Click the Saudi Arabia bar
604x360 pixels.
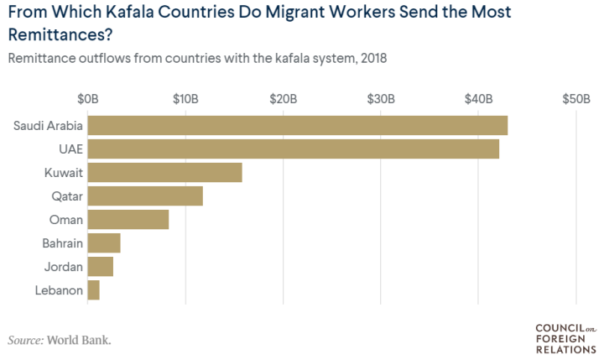pos(297,126)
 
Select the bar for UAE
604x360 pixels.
pos(293,149)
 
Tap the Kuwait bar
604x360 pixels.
pos(164,173)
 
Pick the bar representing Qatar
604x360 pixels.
pos(145,196)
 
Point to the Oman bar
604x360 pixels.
pos(128,220)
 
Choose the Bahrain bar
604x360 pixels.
pos(104,243)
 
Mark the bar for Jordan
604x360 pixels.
pos(100,267)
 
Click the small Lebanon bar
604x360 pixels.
pos(93,290)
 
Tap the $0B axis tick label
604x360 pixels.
pos(87,98)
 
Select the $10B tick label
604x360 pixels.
pos(185,98)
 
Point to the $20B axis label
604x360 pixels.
pos(283,98)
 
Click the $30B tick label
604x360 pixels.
pos(380,98)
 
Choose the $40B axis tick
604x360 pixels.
pos(478,98)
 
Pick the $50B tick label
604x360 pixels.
pos(575,98)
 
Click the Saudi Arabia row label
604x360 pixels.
pos(48,126)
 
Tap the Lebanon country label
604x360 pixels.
pos(60,290)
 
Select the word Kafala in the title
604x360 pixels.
pos(129,14)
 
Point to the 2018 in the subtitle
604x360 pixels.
pos(370,60)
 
